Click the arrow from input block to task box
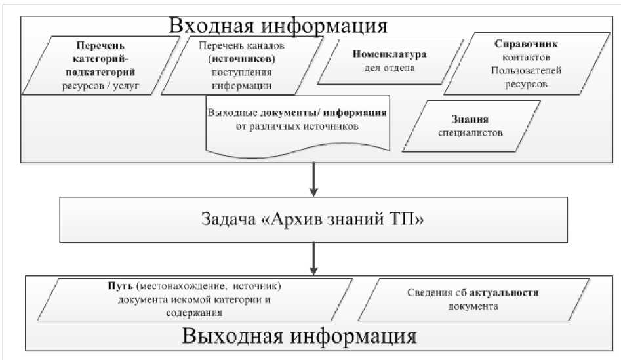coord(313,178)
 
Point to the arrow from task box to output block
coord(313,258)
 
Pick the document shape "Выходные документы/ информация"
coord(296,121)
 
